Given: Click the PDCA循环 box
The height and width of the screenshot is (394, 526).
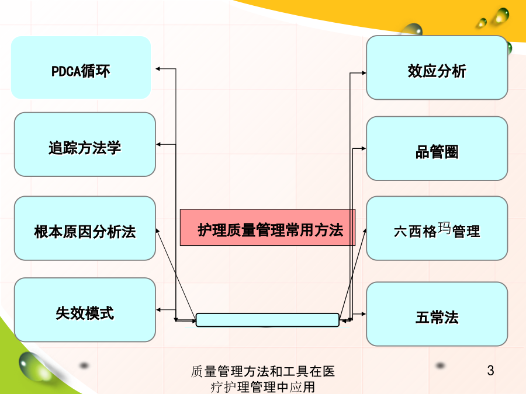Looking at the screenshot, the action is [81, 67].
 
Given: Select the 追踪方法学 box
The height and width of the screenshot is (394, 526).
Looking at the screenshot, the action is [85, 144].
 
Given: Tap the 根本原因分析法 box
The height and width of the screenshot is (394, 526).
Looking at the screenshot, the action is [85, 228].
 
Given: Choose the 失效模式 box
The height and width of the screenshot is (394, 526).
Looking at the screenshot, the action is [85, 310].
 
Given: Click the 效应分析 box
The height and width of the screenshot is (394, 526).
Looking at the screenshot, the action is [437, 68].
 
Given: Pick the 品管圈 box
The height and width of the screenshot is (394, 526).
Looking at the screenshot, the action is [437, 148].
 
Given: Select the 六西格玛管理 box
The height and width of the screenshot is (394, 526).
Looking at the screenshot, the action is [437, 228].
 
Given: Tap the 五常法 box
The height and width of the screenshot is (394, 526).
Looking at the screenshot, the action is [437, 314].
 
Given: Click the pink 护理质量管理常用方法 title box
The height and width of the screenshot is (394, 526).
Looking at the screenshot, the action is [268, 228].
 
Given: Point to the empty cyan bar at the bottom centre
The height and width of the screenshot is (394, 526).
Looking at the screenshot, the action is [267, 320].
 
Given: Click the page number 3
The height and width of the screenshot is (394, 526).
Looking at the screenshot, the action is [490, 370].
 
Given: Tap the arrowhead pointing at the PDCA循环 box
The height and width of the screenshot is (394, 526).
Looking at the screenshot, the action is [158, 69].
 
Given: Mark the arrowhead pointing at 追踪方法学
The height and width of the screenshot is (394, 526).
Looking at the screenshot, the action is [158, 144].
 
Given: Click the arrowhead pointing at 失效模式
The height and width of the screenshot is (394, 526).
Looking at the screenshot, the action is [158, 310].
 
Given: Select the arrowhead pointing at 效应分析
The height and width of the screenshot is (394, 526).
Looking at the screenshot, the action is [364, 73].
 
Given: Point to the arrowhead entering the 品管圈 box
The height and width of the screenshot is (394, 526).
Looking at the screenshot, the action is [364, 148].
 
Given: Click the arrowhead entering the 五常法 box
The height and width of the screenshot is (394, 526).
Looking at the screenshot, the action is [364, 314].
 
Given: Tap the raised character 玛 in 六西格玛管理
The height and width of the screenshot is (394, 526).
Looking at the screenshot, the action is [444, 228].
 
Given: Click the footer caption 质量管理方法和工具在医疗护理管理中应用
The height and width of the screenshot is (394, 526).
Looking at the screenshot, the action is [262, 379].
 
